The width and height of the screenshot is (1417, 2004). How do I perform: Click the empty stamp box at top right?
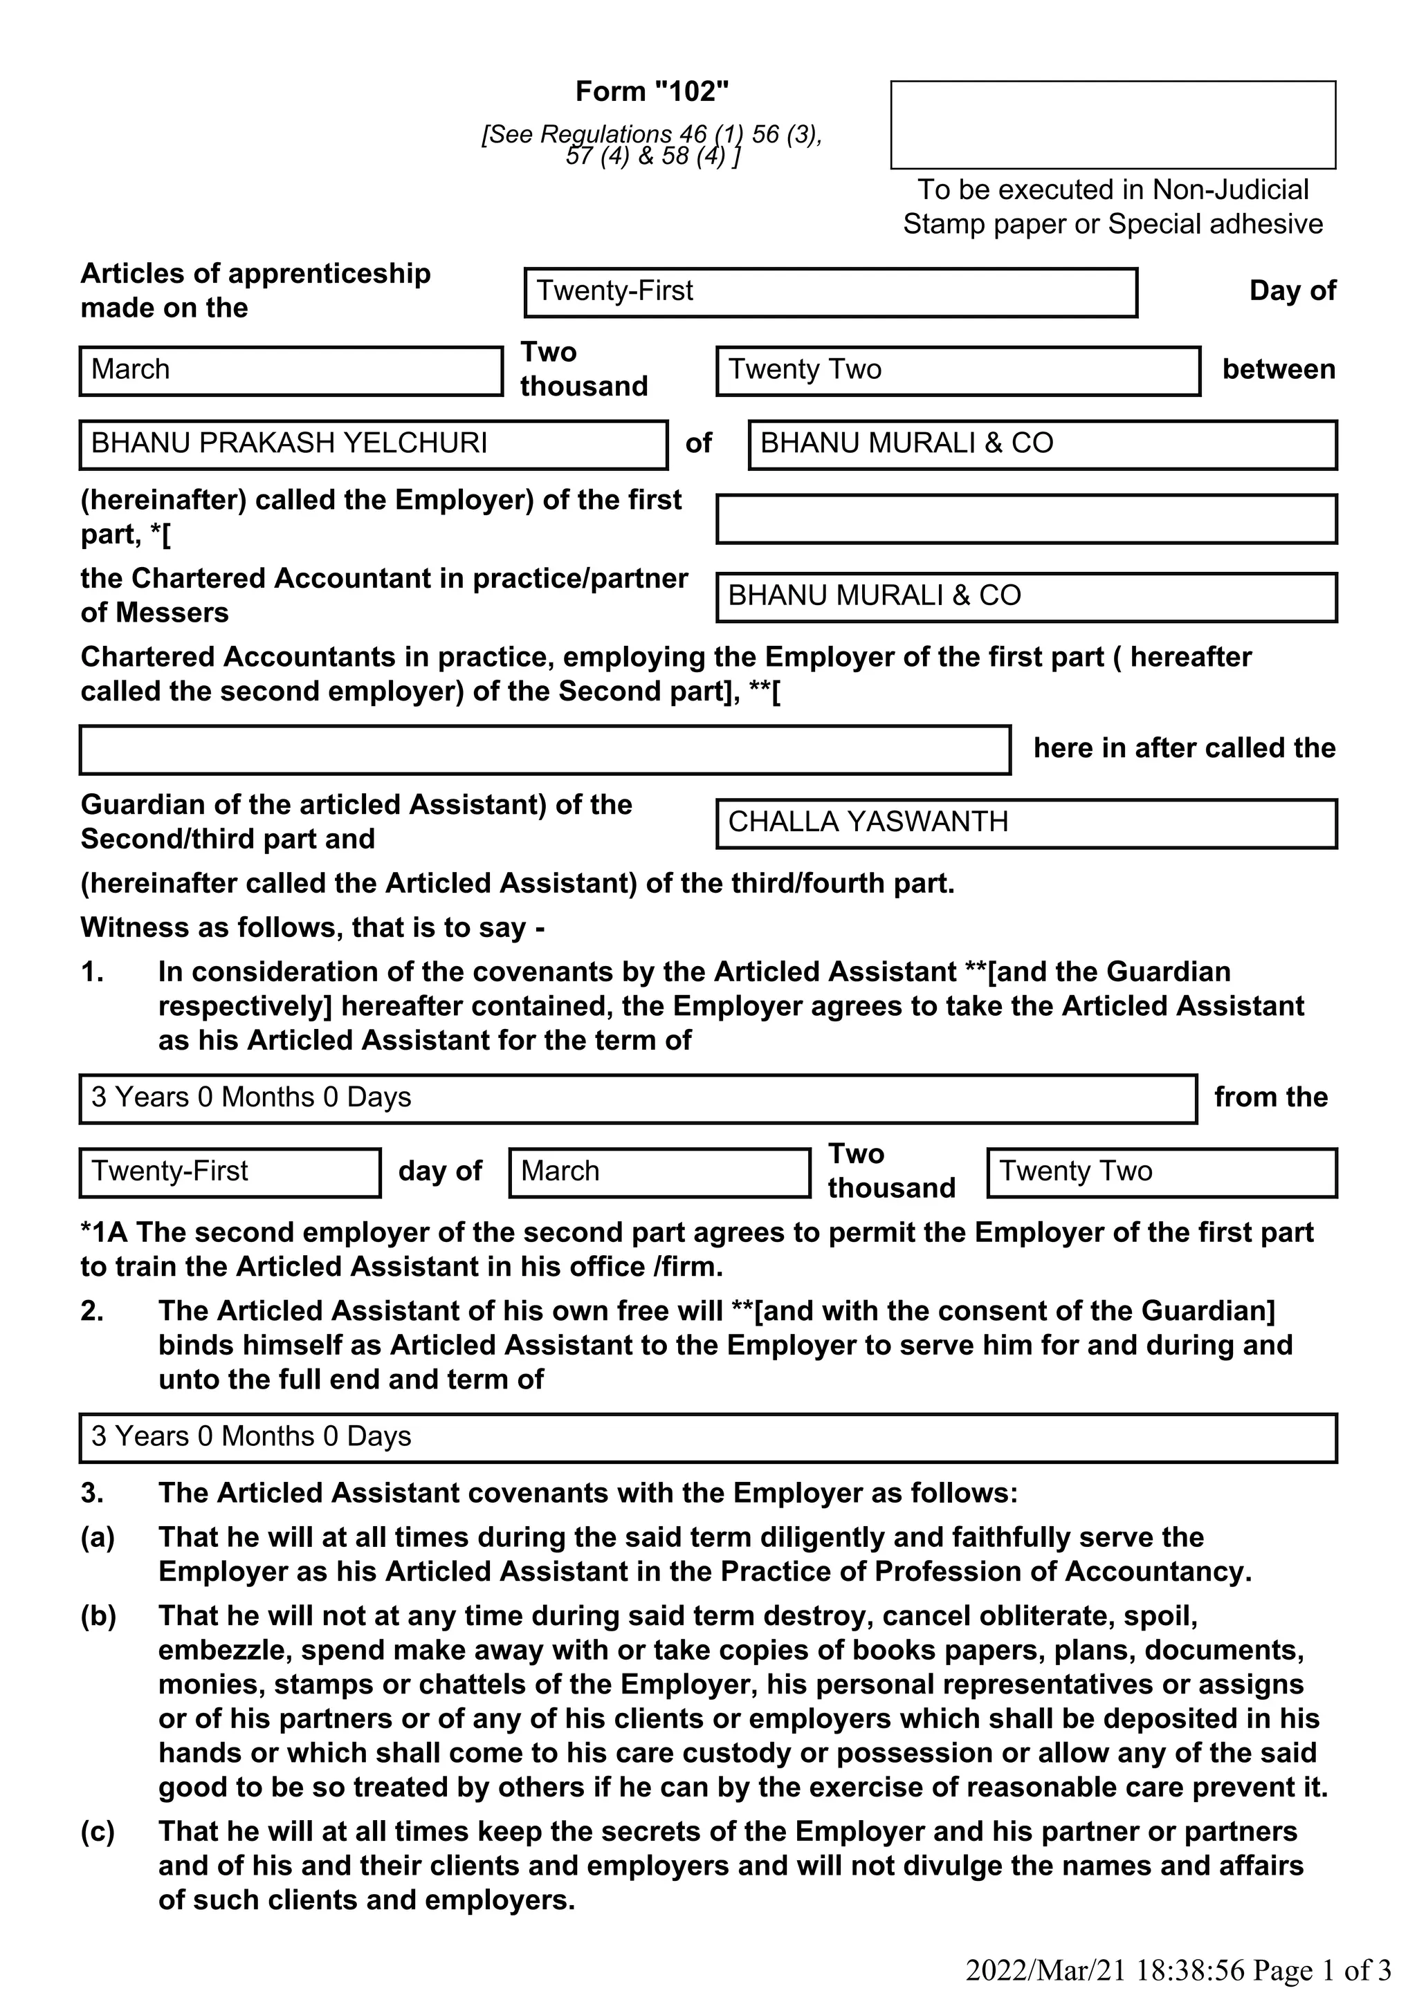pyautogui.click(x=1113, y=124)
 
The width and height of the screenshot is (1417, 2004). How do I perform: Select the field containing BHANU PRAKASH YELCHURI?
pyautogui.click(x=373, y=444)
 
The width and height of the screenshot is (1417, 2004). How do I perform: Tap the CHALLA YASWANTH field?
pyautogui.click(x=1026, y=823)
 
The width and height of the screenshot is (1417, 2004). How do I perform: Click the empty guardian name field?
pyautogui.click(x=545, y=750)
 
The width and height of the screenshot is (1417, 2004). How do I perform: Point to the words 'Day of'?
pyautogui.click(x=1292, y=290)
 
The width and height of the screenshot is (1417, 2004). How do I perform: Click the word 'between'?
pyautogui.click(x=1278, y=369)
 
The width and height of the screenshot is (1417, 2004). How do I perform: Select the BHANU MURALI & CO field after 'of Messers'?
pyautogui.click(x=1026, y=597)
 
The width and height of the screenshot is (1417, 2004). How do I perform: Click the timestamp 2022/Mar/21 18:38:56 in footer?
pyautogui.click(x=1104, y=1970)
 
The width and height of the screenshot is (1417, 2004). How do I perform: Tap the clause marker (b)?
pyautogui.click(x=98, y=1615)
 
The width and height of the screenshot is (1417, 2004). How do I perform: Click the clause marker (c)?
pyautogui.click(x=98, y=1831)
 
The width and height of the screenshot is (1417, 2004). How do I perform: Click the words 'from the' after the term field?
pyautogui.click(x=1270, y=1097)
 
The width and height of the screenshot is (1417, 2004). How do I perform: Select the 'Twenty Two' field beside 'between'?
pyautogui.click(x=958, y=371)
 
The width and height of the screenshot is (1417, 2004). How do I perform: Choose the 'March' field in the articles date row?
pyautogui.click(x=291, y=371)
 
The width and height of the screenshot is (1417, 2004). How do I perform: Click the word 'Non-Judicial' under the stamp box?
pyautogui.click(x=1230, y=189)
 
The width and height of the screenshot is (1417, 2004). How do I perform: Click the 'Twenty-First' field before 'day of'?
pyautogui.click(x=230, y=1172)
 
